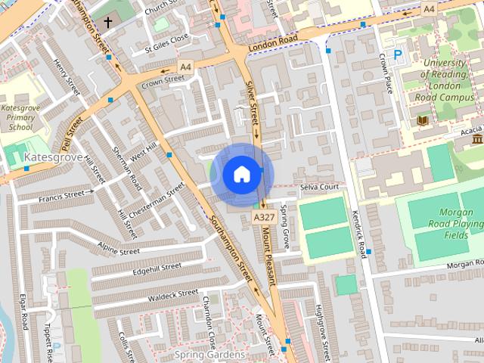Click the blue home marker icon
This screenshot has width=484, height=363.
[241, 174]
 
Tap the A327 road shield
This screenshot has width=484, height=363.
[263, 217]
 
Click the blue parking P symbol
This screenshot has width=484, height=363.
[398, 55]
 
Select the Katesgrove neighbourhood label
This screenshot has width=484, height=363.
[53, 157]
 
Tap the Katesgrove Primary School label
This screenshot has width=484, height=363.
[17, 118]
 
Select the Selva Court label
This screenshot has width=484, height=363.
[318, 186]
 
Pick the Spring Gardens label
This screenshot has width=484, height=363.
[209, 354]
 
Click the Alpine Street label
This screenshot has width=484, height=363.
[119, 249]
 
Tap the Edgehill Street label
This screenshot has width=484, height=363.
[157, 268]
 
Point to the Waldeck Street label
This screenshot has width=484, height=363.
[173, 293]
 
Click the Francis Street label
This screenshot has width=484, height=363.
[61, 196]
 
